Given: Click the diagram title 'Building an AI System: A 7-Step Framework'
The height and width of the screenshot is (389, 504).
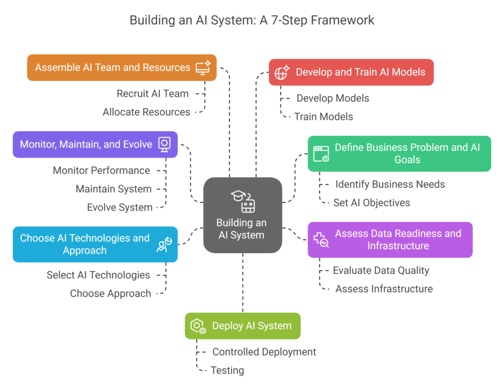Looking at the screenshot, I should click(252, 20).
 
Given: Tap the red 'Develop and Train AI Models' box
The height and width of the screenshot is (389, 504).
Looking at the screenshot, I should click(351, 72).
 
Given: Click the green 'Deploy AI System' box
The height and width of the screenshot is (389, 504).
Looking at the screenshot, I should click(242, 326).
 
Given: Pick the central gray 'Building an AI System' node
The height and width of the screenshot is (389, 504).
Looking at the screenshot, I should click(242, 216).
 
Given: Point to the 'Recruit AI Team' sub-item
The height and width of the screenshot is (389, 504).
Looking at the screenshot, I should click(153, 94).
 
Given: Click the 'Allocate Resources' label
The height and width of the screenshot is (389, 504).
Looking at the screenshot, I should click(146, 112).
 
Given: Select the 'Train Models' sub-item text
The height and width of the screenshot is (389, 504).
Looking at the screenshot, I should click(323, 117).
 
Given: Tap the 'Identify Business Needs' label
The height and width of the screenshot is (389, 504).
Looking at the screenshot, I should click(390, 185).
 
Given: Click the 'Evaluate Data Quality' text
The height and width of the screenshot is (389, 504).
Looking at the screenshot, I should click(381, 270).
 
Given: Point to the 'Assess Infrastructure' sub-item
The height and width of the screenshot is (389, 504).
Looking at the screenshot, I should click(384, 289).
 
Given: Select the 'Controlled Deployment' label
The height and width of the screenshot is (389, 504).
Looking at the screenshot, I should click(264, 352).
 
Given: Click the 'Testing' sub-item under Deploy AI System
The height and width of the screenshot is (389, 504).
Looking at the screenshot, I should click(227, 370).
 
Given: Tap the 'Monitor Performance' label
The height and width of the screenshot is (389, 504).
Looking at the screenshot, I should click(101, 171).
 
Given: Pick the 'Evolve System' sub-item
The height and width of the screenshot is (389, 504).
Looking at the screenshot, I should click(120, 207).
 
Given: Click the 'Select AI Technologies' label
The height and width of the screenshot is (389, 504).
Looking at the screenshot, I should click(98, 275).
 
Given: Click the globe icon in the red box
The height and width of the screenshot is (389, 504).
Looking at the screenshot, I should click(282, 72).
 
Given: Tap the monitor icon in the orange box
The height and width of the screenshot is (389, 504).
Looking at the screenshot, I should click(203, 67).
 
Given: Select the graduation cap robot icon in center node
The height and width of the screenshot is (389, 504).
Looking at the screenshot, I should click(243, 201).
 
